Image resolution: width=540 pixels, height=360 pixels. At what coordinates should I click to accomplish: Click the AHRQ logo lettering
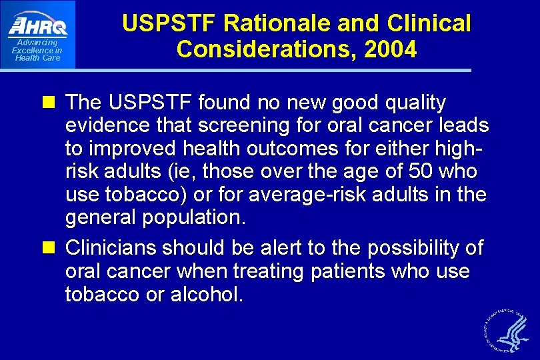point(38,25)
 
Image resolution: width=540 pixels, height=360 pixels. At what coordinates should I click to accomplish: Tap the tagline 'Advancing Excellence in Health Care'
point(37,50)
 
